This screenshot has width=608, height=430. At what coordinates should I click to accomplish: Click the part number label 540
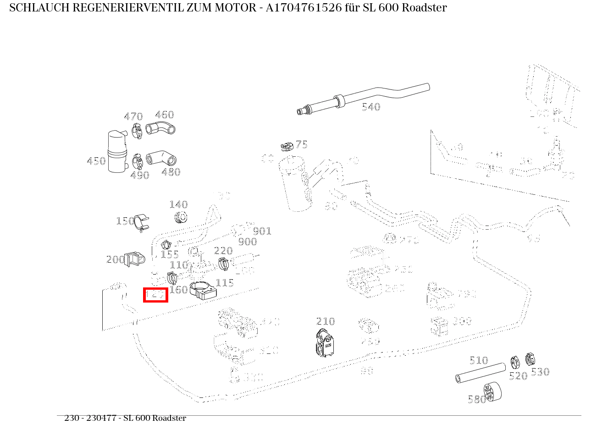[371, 107]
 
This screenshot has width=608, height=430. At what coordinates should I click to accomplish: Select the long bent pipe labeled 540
[367, 96]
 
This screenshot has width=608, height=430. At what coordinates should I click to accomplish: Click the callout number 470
[133, 117]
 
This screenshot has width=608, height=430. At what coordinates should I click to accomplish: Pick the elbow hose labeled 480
[161, 158]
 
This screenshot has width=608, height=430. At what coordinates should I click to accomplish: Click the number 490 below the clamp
[139, 175]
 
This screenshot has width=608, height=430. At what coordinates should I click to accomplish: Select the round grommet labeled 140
[182, 217]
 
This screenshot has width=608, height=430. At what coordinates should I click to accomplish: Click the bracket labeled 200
[135, 259]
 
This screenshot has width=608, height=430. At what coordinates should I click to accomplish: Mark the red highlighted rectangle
[155, 295]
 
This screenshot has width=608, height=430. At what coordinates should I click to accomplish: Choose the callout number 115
[225, 283]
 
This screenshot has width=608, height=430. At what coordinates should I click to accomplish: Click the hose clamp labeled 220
[224, 264]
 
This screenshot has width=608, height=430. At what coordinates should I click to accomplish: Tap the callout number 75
[301, 145]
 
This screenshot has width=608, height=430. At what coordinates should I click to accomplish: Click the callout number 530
[540, 372]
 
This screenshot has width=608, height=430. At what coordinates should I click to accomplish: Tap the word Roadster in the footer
[169, 418]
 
